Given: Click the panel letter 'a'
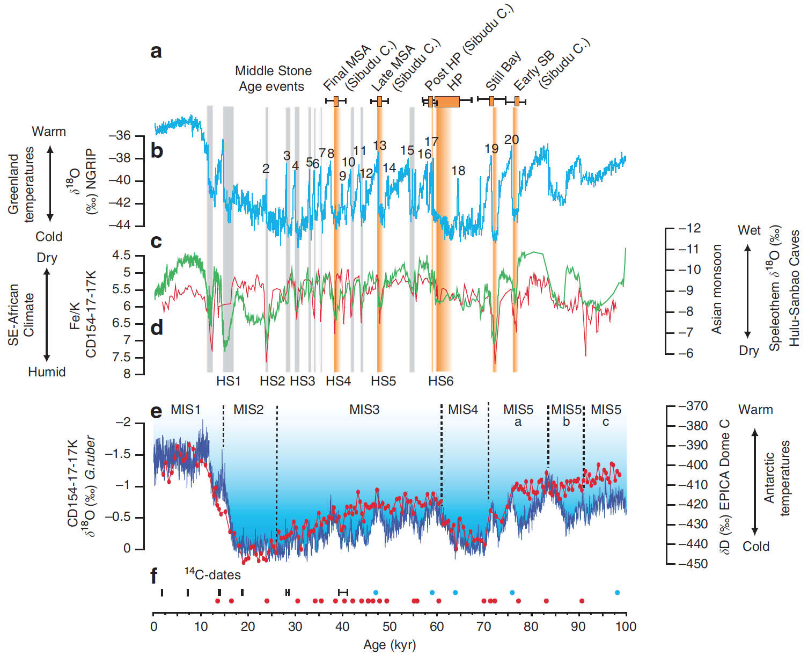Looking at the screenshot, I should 156,52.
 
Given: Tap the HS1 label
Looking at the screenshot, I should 229,381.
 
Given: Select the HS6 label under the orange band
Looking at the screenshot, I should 440,381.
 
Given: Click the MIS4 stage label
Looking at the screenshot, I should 462,410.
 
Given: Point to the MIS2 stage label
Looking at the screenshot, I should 248,410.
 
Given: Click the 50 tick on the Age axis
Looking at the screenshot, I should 390,627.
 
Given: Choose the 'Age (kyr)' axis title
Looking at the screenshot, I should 390,645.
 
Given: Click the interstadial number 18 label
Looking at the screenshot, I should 458,171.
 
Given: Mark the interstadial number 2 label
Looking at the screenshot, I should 266,168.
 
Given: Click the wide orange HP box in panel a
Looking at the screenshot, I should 447,101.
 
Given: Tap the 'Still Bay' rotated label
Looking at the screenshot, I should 503,71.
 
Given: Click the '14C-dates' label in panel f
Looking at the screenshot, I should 212,574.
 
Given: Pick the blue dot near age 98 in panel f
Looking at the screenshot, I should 617,593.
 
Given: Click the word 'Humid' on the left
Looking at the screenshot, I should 47,372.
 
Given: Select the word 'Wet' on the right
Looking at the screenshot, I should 749,230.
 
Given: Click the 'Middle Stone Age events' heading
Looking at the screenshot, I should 273,78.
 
